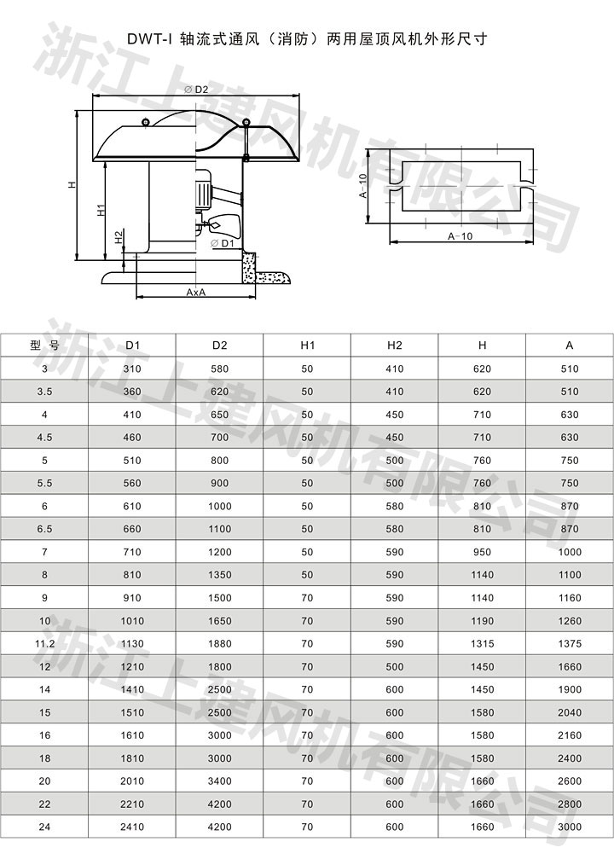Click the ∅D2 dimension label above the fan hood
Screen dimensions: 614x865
coord(196,90)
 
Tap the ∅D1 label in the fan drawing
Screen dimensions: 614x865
coord(223,243)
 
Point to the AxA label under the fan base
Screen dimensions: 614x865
coord(196,293)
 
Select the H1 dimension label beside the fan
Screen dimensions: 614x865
coord(101,210)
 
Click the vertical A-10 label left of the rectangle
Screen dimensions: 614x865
coord(363,185)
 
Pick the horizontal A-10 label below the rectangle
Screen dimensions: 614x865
coord(460,236)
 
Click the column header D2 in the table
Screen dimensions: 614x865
coord(219,345)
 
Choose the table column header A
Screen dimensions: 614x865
coord(570,345)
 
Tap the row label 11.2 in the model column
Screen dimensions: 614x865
coord(44,644)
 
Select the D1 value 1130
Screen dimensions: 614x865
coord(132,644)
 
